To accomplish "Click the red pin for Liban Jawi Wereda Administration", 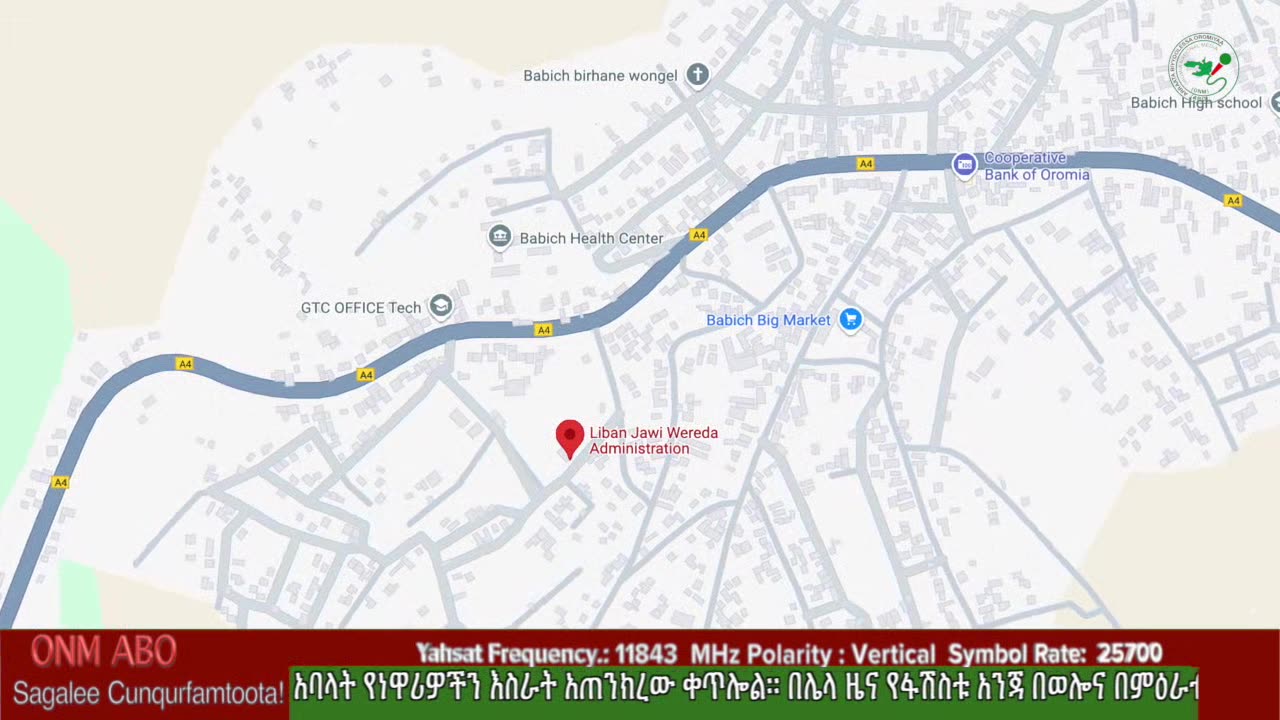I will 570,436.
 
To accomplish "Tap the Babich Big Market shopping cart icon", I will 850,319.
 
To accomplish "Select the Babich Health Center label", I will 591,239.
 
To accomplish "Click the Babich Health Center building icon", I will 500,237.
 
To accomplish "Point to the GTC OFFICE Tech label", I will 361,308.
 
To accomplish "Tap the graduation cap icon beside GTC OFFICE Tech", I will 441,306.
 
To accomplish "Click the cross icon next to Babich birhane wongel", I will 698,75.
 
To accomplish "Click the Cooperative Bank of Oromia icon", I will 964,164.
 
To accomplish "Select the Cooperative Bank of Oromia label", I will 1036,167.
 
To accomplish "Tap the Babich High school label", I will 1196,103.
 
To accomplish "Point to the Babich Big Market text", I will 768,320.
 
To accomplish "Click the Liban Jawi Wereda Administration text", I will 653,441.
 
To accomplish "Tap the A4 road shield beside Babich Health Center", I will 698,235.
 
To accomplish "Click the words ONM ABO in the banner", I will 103,651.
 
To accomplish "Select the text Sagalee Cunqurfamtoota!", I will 148,692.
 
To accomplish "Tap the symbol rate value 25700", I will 1129,654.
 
